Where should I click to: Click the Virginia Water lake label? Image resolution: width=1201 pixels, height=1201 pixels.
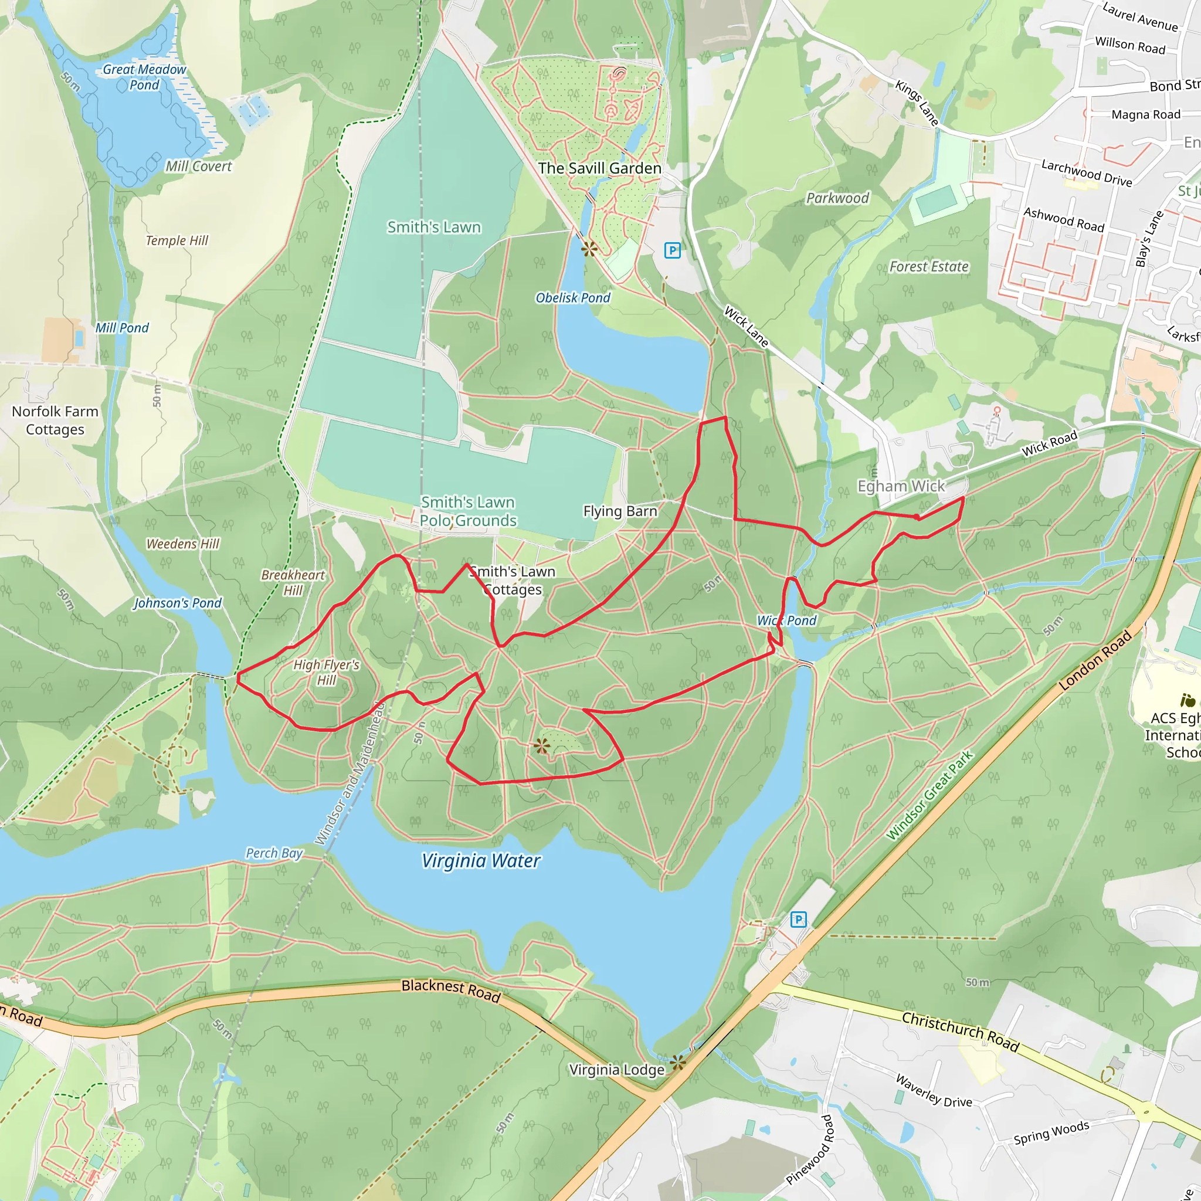480,861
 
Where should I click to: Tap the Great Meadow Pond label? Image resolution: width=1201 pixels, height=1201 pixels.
144,77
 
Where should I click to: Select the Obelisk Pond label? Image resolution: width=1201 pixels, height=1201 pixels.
572,298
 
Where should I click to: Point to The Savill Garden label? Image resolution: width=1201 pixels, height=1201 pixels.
599,168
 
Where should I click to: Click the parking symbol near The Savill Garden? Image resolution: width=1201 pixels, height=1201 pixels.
672,250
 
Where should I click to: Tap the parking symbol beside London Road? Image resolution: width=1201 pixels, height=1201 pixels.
798,920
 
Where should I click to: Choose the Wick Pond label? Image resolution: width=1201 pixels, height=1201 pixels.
786,620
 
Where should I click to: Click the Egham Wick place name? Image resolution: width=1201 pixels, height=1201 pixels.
901,486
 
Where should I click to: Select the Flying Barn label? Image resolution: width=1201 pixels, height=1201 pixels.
620,511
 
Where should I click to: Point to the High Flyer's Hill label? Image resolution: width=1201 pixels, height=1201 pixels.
327,672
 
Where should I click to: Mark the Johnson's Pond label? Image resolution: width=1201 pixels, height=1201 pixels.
177,603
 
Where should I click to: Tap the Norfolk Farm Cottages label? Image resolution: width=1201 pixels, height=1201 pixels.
55,420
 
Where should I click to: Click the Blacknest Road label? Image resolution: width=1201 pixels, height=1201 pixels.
451,990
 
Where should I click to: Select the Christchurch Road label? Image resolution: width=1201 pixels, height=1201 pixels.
960,1032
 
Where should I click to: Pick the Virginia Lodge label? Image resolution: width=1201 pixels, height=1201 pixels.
617,1070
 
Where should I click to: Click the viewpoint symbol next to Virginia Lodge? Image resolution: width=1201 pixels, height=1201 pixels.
678,1063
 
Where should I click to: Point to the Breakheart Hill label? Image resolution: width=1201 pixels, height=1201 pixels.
293,582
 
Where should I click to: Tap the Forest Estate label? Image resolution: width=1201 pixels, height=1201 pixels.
929,267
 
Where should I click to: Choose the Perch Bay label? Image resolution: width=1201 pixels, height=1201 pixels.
274,853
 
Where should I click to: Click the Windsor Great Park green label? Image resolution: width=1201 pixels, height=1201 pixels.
929,796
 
